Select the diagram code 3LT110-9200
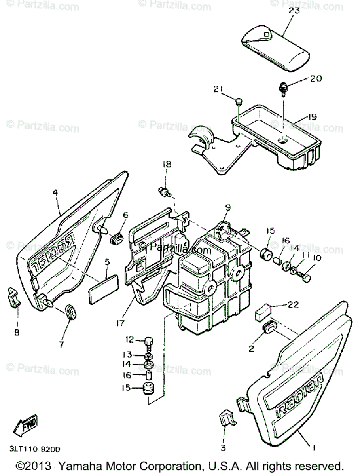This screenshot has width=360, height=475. [35, 449]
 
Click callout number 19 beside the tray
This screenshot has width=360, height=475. [313, 117]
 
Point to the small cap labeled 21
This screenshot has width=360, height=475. [238, 102]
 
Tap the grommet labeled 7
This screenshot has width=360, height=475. [70, 311]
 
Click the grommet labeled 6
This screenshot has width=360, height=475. [116, 238]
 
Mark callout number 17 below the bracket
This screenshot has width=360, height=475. [120, 323]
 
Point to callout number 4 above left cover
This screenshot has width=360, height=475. [55, 193]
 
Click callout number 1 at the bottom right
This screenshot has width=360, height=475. [313, 448]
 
